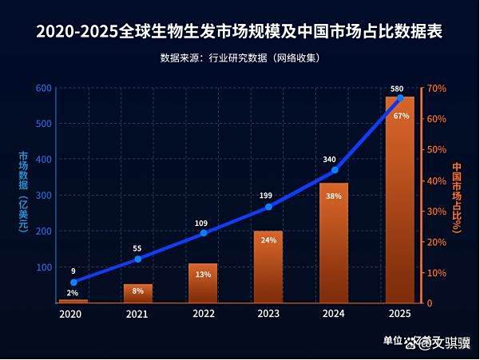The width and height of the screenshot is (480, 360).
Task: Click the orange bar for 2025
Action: [x=400, y=200]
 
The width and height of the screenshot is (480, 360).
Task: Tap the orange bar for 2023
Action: [x=268, y=267]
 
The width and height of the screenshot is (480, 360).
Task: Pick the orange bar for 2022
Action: [x=203, y=283]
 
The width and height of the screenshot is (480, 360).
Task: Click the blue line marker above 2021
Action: [x=138, y=259]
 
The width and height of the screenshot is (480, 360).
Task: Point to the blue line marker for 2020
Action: [x=73, y=282]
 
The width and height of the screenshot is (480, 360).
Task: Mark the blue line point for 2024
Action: [x=335, y=170]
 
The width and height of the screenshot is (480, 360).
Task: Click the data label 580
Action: [x=397, y=88]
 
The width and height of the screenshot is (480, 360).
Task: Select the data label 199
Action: [x=268, y=196]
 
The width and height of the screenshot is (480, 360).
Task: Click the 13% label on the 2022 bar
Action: [x=203, y=275]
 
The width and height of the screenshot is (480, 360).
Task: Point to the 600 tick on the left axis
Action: [x=43, y=88]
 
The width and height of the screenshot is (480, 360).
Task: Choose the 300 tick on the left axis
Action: [x=43, y=196]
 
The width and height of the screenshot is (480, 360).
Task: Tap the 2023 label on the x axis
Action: [x=268, y=315]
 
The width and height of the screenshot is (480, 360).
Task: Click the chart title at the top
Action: [x=240, y=33]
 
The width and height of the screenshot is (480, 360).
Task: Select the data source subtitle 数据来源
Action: [x=240, y=57]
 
